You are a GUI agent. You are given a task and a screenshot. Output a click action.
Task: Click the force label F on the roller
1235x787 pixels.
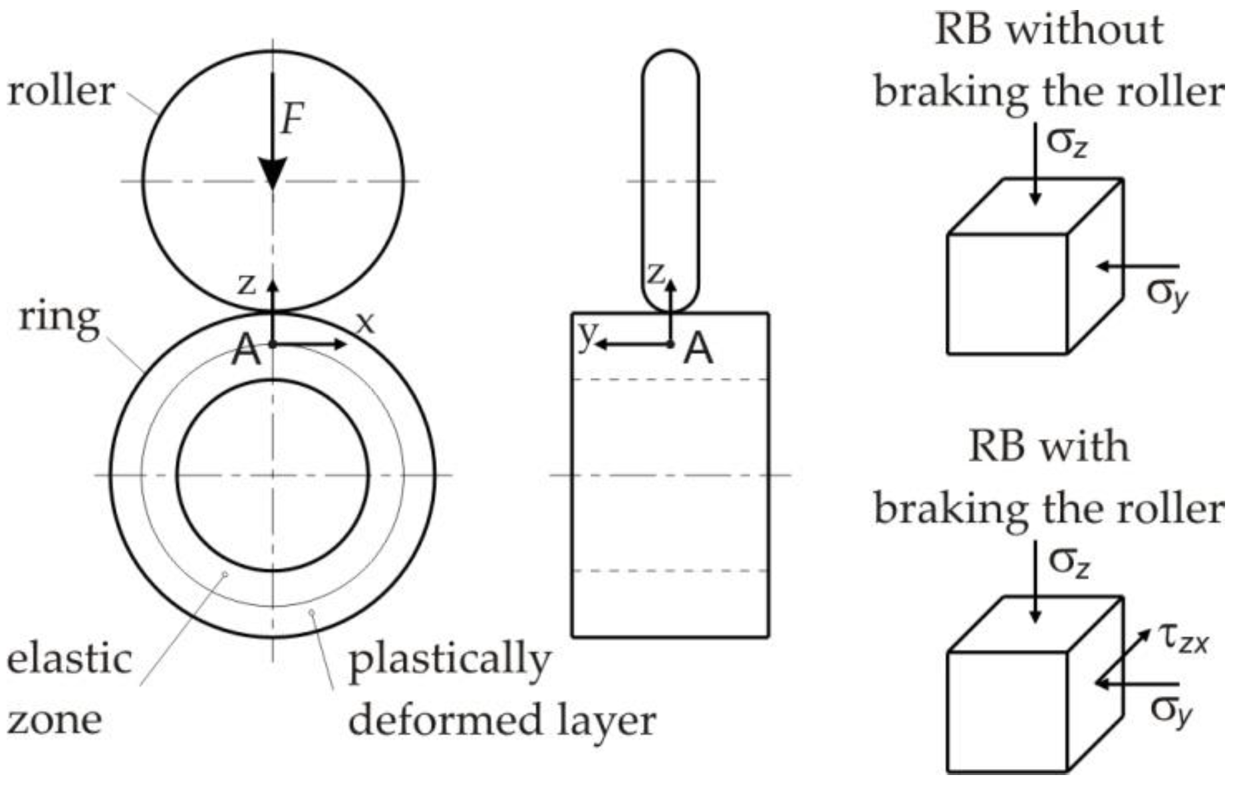point(291,120)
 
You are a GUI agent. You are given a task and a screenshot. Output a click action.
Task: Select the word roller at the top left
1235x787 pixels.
point(61,91)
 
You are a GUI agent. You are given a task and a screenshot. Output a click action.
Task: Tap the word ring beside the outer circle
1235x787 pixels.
point(59,318)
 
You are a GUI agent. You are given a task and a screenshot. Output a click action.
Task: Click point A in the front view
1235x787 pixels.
point(273,344)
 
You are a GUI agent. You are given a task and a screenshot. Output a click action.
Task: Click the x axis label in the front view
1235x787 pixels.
point(364,324)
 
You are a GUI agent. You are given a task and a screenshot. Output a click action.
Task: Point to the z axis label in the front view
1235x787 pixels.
point(247,284)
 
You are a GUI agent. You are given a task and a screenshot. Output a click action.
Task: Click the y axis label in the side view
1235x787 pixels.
point(586,336)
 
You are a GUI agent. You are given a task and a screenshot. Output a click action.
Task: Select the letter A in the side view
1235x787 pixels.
point(698,348)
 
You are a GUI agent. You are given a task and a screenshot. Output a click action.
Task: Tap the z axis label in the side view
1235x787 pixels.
point(656,273)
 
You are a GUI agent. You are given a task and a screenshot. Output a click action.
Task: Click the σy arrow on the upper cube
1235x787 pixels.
point(1137,267)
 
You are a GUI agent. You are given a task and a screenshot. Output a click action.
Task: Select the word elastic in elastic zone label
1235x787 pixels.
point(69,659)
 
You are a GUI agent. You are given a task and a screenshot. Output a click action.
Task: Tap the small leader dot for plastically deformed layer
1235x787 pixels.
point(311,612)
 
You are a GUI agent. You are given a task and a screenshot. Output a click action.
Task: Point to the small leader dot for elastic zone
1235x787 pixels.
point(225,574)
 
